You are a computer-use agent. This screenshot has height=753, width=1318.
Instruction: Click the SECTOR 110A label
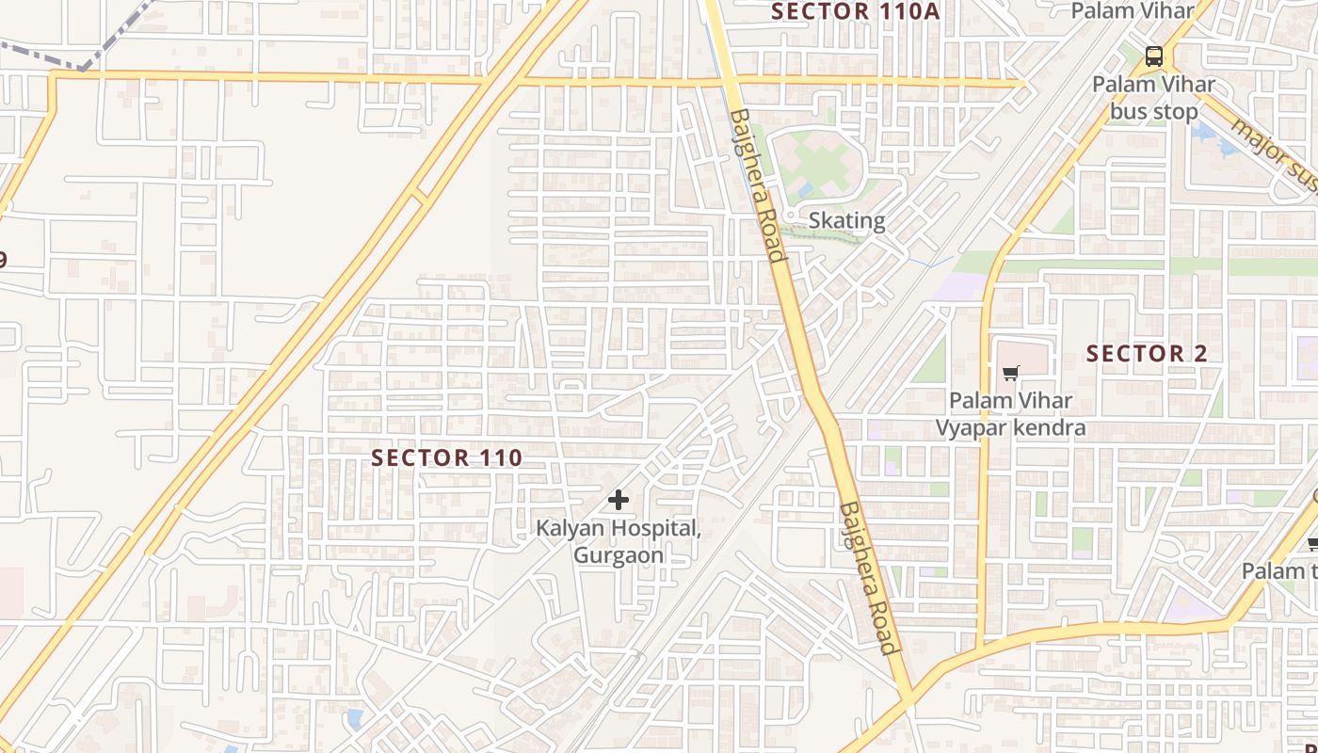[855, 11]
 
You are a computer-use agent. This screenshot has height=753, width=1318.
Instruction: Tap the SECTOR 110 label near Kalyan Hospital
[446, 458]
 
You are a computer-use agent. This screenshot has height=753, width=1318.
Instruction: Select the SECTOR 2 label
[1147, 354]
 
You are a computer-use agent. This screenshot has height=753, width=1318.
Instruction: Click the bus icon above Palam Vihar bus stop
[1153, 56]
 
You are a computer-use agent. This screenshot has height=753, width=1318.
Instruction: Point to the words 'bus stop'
[1153, 112]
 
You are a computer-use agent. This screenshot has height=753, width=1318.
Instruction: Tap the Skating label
[847, 221]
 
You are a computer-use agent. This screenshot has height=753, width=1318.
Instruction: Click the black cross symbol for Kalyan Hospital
[618, 500]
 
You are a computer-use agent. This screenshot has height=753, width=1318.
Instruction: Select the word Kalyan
[571, 528]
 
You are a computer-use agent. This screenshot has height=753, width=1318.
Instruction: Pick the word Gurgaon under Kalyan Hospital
[619, 555]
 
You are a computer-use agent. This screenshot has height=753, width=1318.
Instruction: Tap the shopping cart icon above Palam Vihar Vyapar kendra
[1010, 374]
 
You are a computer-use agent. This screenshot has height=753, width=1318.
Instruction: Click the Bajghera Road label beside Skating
[758, 185]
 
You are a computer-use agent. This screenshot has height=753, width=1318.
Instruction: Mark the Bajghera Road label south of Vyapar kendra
[867, 577]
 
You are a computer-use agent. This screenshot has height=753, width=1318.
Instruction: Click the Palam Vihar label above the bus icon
[1133, 11]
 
